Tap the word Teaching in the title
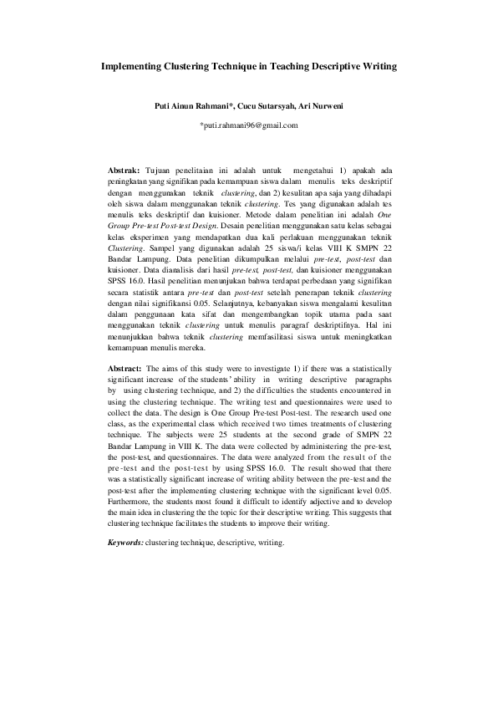tap(292, 64)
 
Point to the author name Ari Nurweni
tap(326, 106)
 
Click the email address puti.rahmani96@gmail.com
tap(249, 125)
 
